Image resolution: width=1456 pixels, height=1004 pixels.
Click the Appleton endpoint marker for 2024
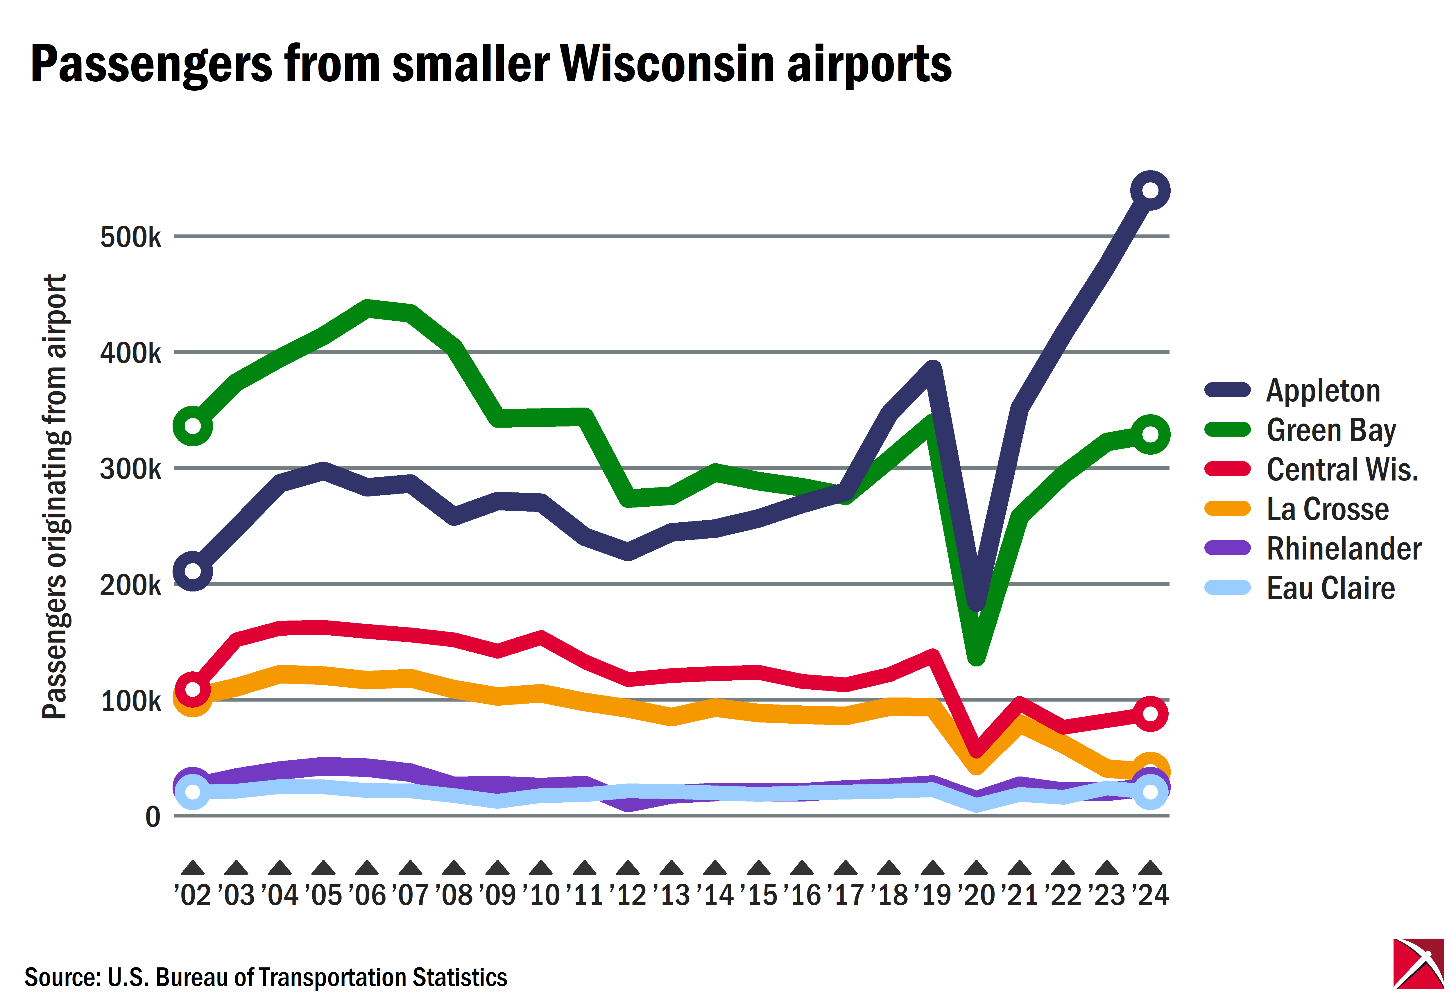[1149, 191]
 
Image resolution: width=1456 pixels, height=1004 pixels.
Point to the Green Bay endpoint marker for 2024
[1149, 434]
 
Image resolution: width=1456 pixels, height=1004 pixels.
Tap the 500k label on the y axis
[131, 237]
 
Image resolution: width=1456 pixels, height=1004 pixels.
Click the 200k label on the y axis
[131, 585]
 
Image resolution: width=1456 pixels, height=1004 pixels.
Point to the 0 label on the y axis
[153, 817]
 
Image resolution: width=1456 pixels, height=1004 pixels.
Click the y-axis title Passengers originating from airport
[55, 497]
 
